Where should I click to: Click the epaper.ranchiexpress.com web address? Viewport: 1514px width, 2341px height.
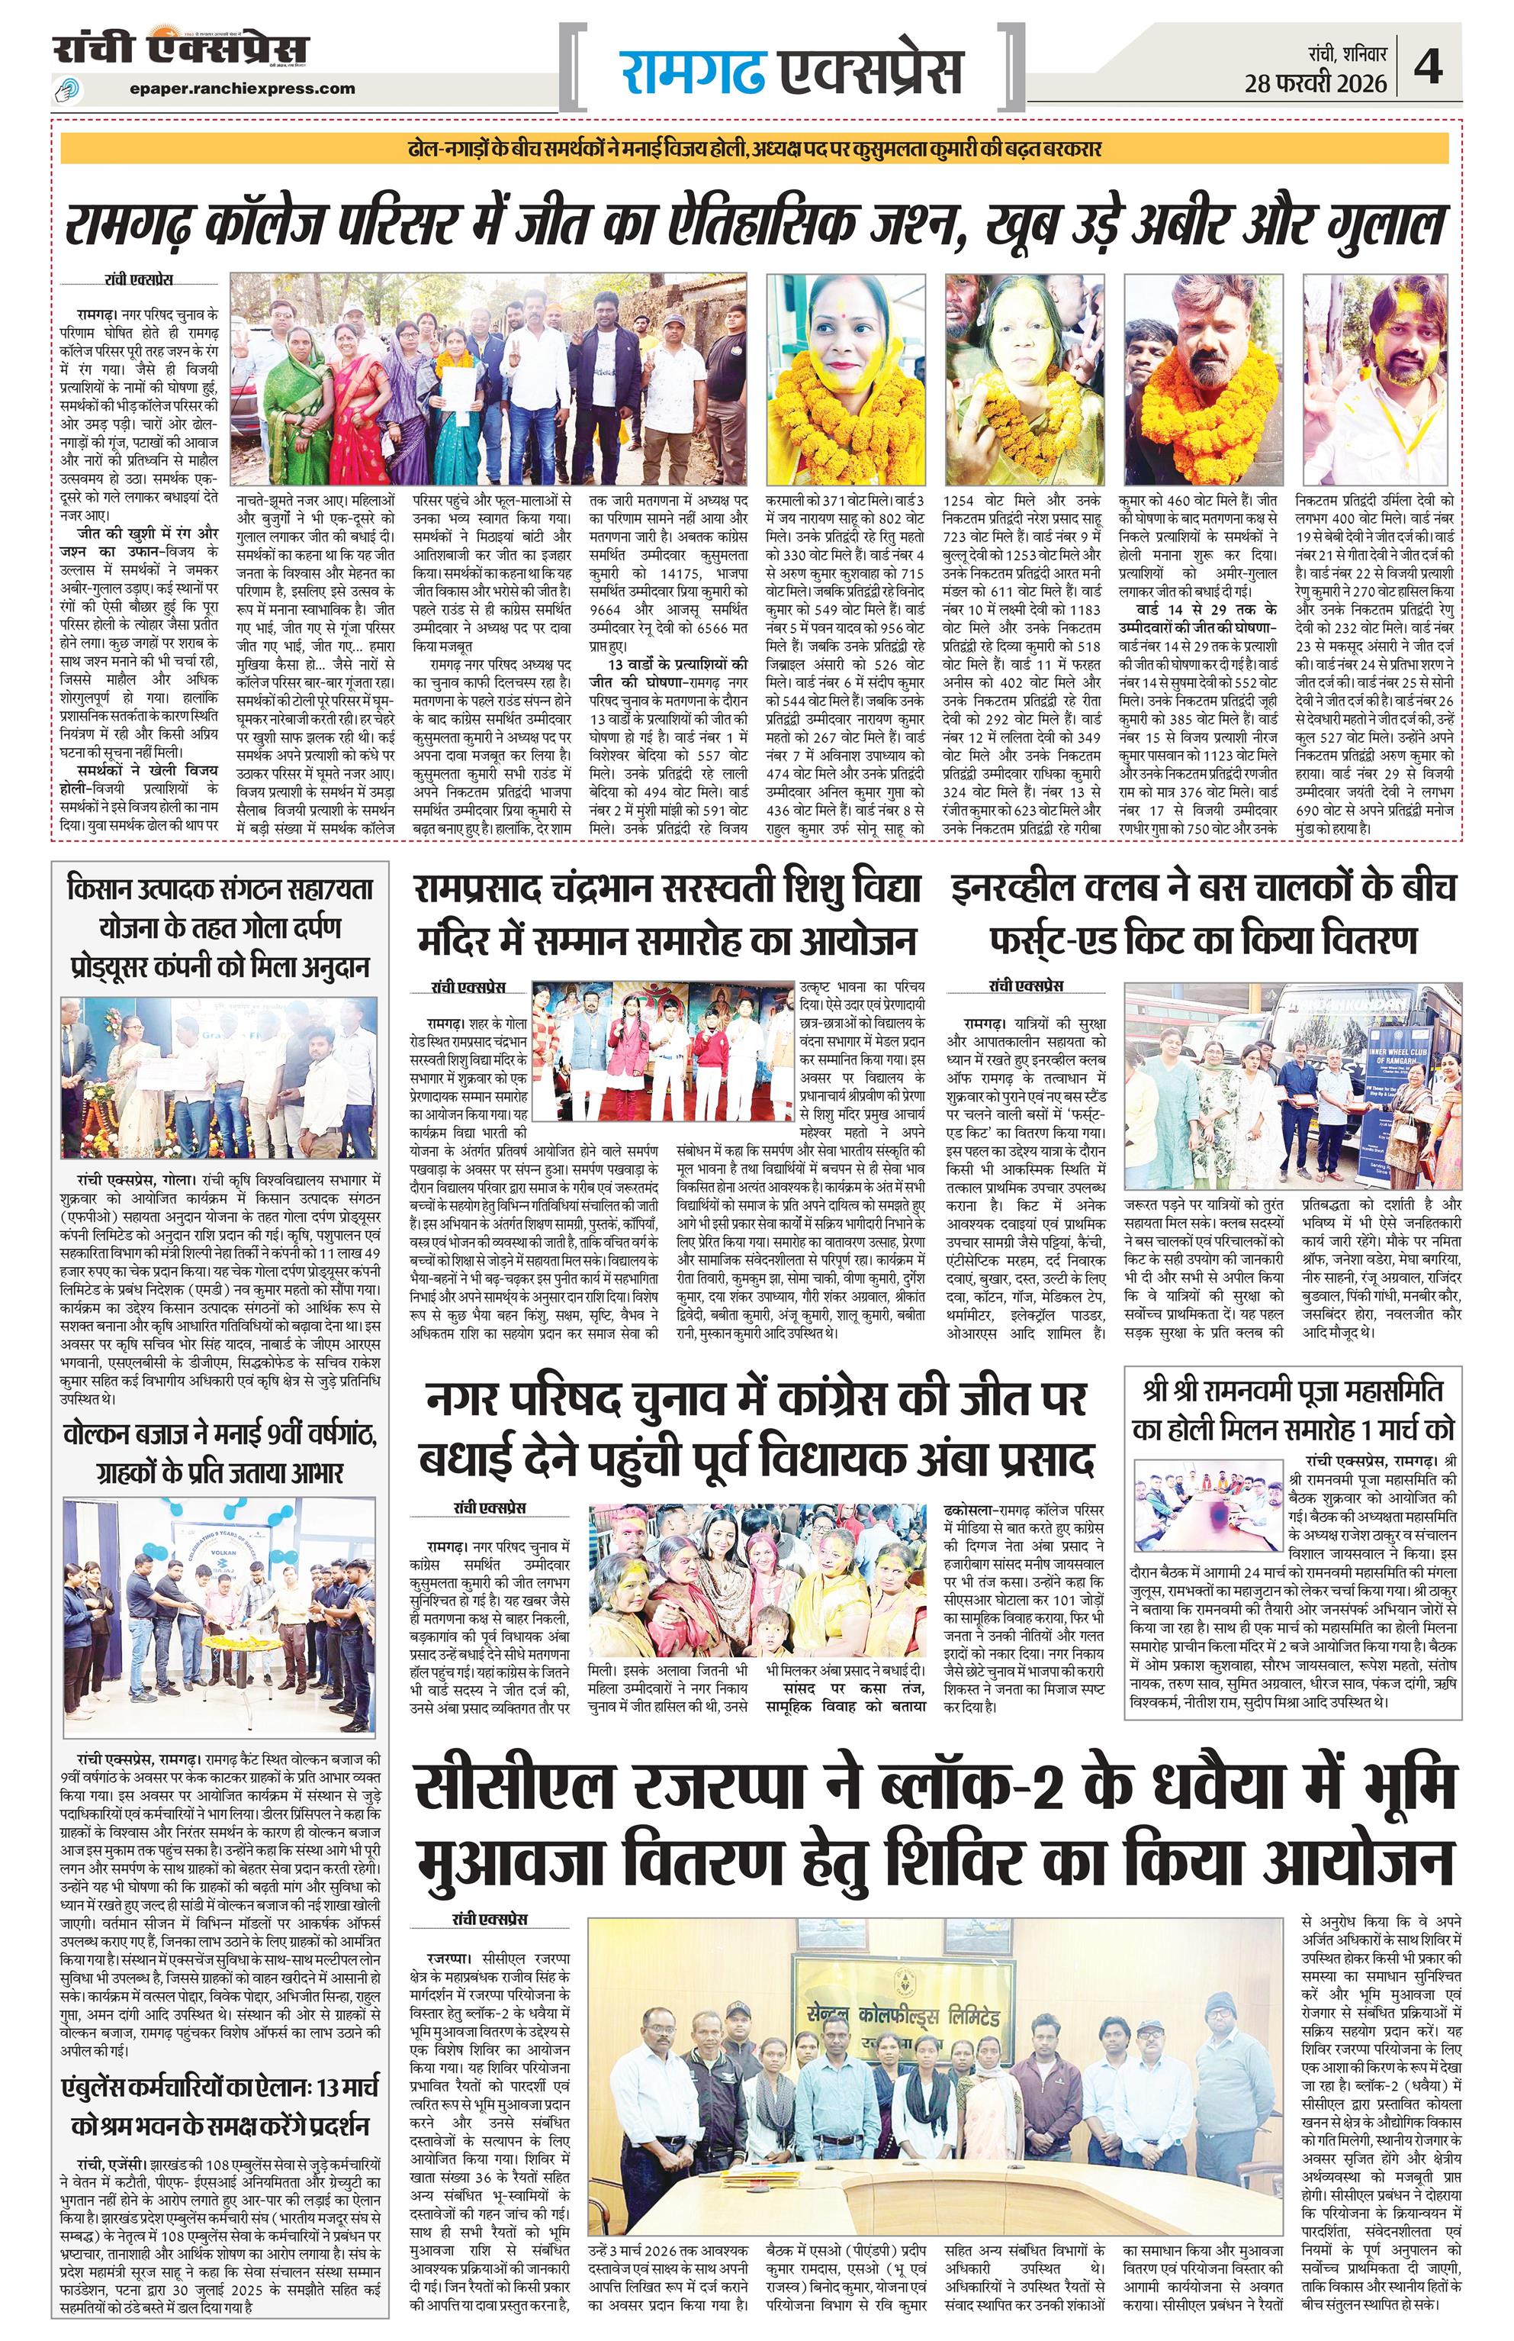(x=242, y=89)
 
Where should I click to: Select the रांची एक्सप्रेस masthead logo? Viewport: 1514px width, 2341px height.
(x=181, y=49)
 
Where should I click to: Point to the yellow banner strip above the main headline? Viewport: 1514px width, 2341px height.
(x=756, y=150)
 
